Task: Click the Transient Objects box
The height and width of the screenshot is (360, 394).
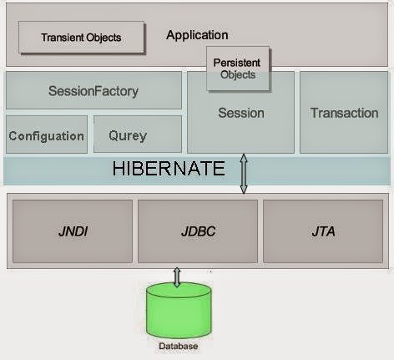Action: [x=81, y=37]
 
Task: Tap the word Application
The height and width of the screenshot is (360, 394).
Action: [x=197, y=35]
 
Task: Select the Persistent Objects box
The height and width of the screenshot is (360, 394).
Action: [x=238, y=68]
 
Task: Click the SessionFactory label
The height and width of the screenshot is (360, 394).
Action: [x=93, y=91]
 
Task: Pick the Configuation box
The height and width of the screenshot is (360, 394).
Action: [x=47, y=134]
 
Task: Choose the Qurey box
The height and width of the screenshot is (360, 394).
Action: [x=138, y=134]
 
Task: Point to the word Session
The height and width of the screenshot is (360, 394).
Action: [x=241, y=113]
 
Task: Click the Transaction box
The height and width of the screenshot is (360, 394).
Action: [x=344, y=112]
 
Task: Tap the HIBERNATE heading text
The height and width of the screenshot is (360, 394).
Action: [x=169, y=168]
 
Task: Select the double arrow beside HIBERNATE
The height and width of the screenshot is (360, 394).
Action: [x=244, y=174]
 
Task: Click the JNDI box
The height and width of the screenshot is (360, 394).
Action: [x=73, y=231]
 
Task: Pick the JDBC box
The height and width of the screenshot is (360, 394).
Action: [x=198, y=231]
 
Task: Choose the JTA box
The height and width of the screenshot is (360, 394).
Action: [x=323, y=231]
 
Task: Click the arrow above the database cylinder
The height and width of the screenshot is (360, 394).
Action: [x=177, y=277]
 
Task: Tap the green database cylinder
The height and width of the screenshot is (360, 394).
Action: [x=179, y=311]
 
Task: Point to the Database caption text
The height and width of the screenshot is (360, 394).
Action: [x=179, y=346]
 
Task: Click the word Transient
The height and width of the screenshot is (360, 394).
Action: [x=63, y=37]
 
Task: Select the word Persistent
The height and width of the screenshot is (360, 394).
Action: [x=237, y=63]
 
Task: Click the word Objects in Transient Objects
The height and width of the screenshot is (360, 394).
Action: [x=104, y=38]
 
